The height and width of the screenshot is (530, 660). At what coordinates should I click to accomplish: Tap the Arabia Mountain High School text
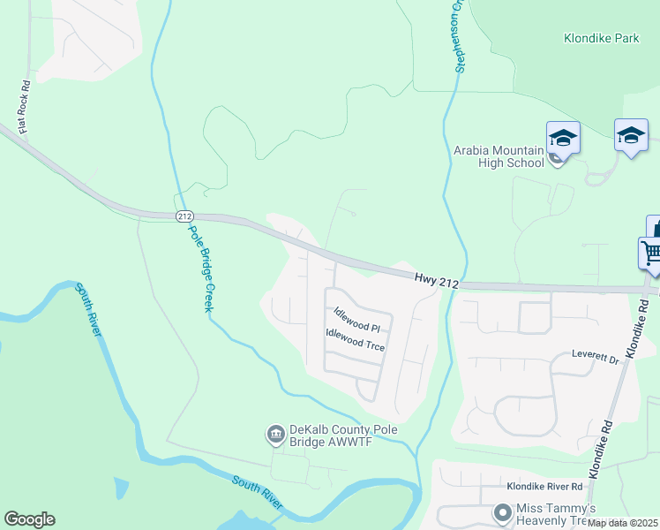499,156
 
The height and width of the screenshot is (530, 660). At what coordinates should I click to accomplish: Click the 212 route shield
184,216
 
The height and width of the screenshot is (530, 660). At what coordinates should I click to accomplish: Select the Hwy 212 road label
435,280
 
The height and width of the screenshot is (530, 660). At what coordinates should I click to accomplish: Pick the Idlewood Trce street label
355,340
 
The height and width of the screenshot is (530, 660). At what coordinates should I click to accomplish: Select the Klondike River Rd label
544,487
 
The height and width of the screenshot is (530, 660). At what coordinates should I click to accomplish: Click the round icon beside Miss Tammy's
502,512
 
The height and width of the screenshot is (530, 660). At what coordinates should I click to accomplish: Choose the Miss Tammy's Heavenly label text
559,514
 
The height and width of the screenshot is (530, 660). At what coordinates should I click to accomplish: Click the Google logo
29,519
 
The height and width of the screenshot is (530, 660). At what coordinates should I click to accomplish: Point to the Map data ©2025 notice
623,523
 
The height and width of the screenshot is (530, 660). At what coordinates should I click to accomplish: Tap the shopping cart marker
651,253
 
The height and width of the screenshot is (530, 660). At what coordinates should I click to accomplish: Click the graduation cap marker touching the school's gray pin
563,138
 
